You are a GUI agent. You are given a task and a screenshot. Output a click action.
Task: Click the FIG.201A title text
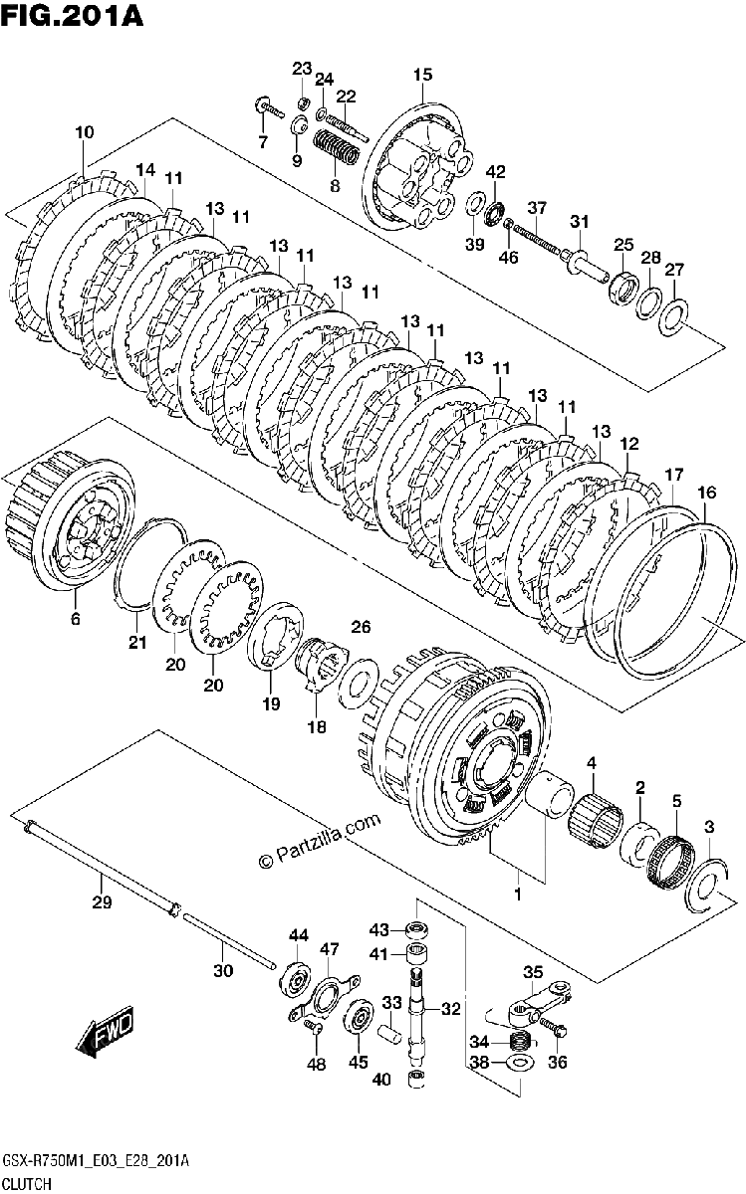coord(72,15)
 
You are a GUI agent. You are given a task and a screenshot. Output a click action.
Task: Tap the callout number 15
coord(422,75)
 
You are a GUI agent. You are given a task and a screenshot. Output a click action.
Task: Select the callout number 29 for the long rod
coord(102,901)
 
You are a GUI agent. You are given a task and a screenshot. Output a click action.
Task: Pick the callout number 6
coord(76,618)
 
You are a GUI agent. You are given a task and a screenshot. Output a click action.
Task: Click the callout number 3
coord(708,827)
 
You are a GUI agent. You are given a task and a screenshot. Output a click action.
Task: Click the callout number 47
coord(330,949)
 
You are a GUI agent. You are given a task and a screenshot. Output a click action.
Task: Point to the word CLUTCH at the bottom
coord(27,1183)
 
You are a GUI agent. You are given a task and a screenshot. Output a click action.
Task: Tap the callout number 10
coord(85,131)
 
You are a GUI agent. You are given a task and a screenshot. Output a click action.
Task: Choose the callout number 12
coord(629,444)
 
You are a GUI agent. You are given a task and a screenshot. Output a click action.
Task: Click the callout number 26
coord(361,626)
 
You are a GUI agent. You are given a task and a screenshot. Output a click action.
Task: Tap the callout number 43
coord(378,930)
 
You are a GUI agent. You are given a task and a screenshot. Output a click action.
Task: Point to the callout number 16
coord(706,492)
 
